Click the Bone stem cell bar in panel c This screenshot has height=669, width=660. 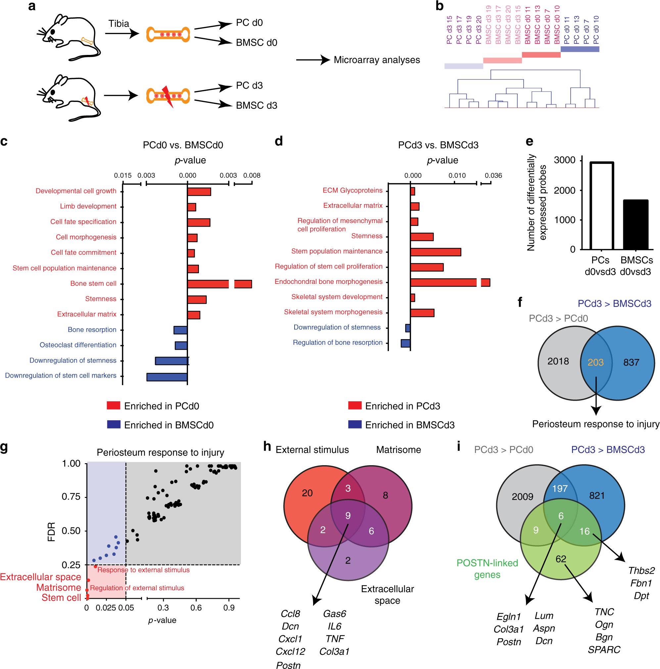(208, 284)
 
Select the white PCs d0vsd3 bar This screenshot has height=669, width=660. (601, 206)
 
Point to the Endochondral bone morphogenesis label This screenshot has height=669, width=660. (328, 282)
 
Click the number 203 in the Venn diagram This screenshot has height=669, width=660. (595, 362)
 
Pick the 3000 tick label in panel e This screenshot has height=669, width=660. (564, 160)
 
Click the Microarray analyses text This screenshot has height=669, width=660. (377, 60)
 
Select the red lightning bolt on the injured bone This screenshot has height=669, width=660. (168, 96)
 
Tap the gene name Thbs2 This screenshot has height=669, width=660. (641, 571)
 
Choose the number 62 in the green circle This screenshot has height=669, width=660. (561, 559)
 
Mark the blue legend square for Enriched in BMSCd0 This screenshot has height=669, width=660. (114, 424)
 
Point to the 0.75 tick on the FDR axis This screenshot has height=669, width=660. (71, 497)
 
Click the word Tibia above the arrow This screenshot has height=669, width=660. (118, 23)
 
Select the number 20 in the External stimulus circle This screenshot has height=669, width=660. (307, 493)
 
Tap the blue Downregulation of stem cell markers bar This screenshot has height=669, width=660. (167, 377)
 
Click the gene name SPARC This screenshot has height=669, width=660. (604, 649)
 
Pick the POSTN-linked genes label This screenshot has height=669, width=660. (487, 568)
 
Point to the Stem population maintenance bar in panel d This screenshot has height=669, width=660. (435, 252)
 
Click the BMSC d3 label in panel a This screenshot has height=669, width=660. (257, 105)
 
